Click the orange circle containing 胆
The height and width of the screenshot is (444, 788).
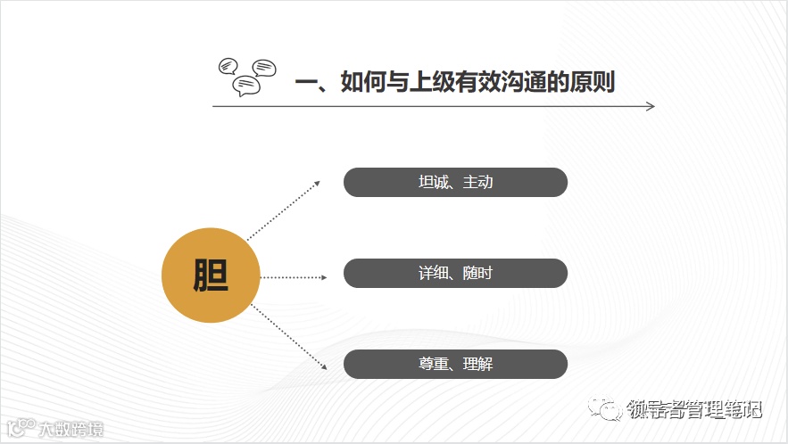[210, 276]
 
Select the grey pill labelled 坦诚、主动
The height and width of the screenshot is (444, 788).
[455, 183]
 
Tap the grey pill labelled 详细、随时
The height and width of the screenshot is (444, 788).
[455, 274]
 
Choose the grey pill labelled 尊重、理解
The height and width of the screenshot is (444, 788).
[455, 364]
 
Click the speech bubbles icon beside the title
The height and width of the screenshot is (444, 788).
[247, 75]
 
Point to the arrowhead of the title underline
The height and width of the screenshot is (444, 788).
[651, 106]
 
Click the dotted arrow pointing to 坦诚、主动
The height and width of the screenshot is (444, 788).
[284, 210]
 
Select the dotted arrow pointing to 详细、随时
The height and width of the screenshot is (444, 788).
[294, 277]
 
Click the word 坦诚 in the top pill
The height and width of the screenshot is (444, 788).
[433, 183]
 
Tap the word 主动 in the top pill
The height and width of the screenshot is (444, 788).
[477, 183]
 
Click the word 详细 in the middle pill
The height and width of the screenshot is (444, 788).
[433, 274]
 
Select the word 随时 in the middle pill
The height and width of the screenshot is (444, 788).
[477, 274]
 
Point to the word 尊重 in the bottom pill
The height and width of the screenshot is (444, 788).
[433, 364]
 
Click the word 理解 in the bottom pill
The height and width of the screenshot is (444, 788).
[477, 364]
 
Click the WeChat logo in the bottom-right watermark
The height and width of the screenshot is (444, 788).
[612, 409]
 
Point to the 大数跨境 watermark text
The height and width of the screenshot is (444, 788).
[71, 430]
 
